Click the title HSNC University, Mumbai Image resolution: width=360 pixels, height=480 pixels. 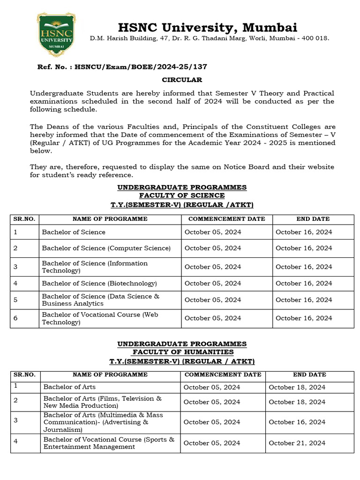click(207, 27)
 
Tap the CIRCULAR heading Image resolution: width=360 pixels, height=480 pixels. click(182, 80)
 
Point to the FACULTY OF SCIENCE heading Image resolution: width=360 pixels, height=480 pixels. click(182, 195)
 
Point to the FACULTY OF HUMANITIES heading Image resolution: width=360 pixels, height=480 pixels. click(182, 352)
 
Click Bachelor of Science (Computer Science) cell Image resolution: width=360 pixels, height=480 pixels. click(106, 248)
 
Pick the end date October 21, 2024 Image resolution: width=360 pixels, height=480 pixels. click(297, 443)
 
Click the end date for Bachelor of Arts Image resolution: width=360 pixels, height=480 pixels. click(297, 387)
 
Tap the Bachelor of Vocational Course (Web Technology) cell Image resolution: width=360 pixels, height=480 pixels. click(100, 318)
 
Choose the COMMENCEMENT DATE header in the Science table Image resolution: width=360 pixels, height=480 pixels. click(226, 219)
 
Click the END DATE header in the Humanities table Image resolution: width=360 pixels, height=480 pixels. click(309, 375)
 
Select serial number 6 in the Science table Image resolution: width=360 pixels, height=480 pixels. click(15, 318)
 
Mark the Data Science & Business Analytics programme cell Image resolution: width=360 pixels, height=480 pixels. click(100, 300)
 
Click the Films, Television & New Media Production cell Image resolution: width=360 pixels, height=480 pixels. click(102, 402)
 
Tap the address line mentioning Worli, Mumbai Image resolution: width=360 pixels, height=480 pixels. click(210, 38)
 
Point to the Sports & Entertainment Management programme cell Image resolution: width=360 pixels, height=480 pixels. click(109, 443)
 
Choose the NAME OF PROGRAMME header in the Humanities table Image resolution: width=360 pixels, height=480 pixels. click(110, 375)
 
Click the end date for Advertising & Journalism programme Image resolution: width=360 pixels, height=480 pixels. click(297, 422)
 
